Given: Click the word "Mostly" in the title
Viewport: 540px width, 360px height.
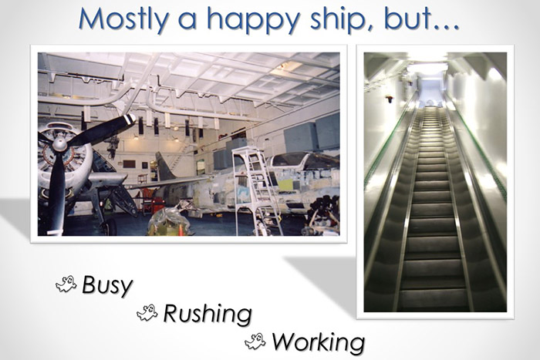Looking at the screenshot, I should tap(124, 19).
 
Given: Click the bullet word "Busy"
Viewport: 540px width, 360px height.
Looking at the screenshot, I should tap(108, 285).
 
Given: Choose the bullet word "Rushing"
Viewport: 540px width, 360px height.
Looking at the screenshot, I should tap(207, 313).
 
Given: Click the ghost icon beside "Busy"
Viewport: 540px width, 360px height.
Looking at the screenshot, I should tap(66, 285).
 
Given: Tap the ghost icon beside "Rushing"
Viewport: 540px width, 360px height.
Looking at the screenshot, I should tap(147, 312).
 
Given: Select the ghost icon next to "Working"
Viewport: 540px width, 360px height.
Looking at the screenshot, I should tap(255, 340).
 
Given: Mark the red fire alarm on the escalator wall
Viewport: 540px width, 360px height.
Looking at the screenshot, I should tap(389, 99).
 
